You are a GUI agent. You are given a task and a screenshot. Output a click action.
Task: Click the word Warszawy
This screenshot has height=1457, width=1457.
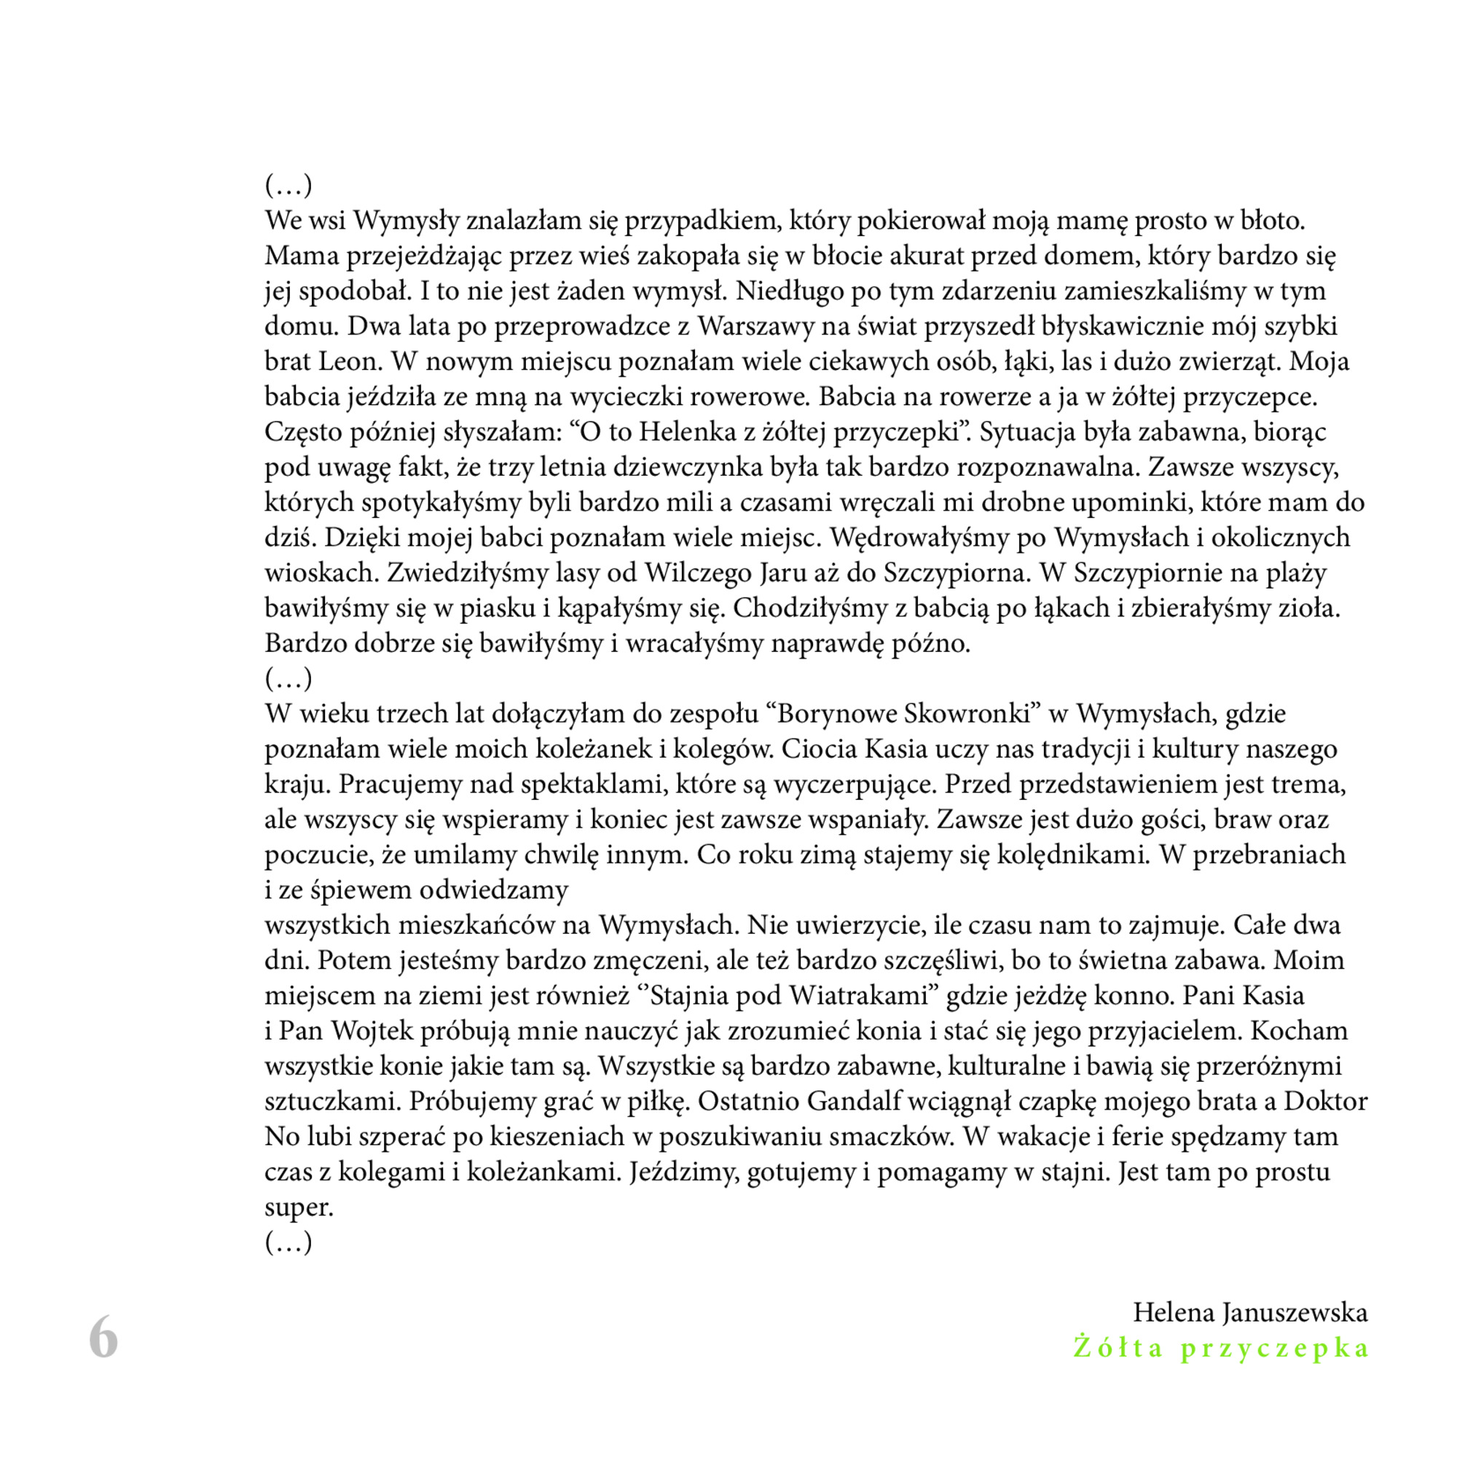(753, 326)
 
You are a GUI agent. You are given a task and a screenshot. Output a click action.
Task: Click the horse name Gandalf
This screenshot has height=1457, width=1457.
(855, 1101)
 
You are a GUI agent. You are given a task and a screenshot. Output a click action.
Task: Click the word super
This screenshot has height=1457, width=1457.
(299, 1208)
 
